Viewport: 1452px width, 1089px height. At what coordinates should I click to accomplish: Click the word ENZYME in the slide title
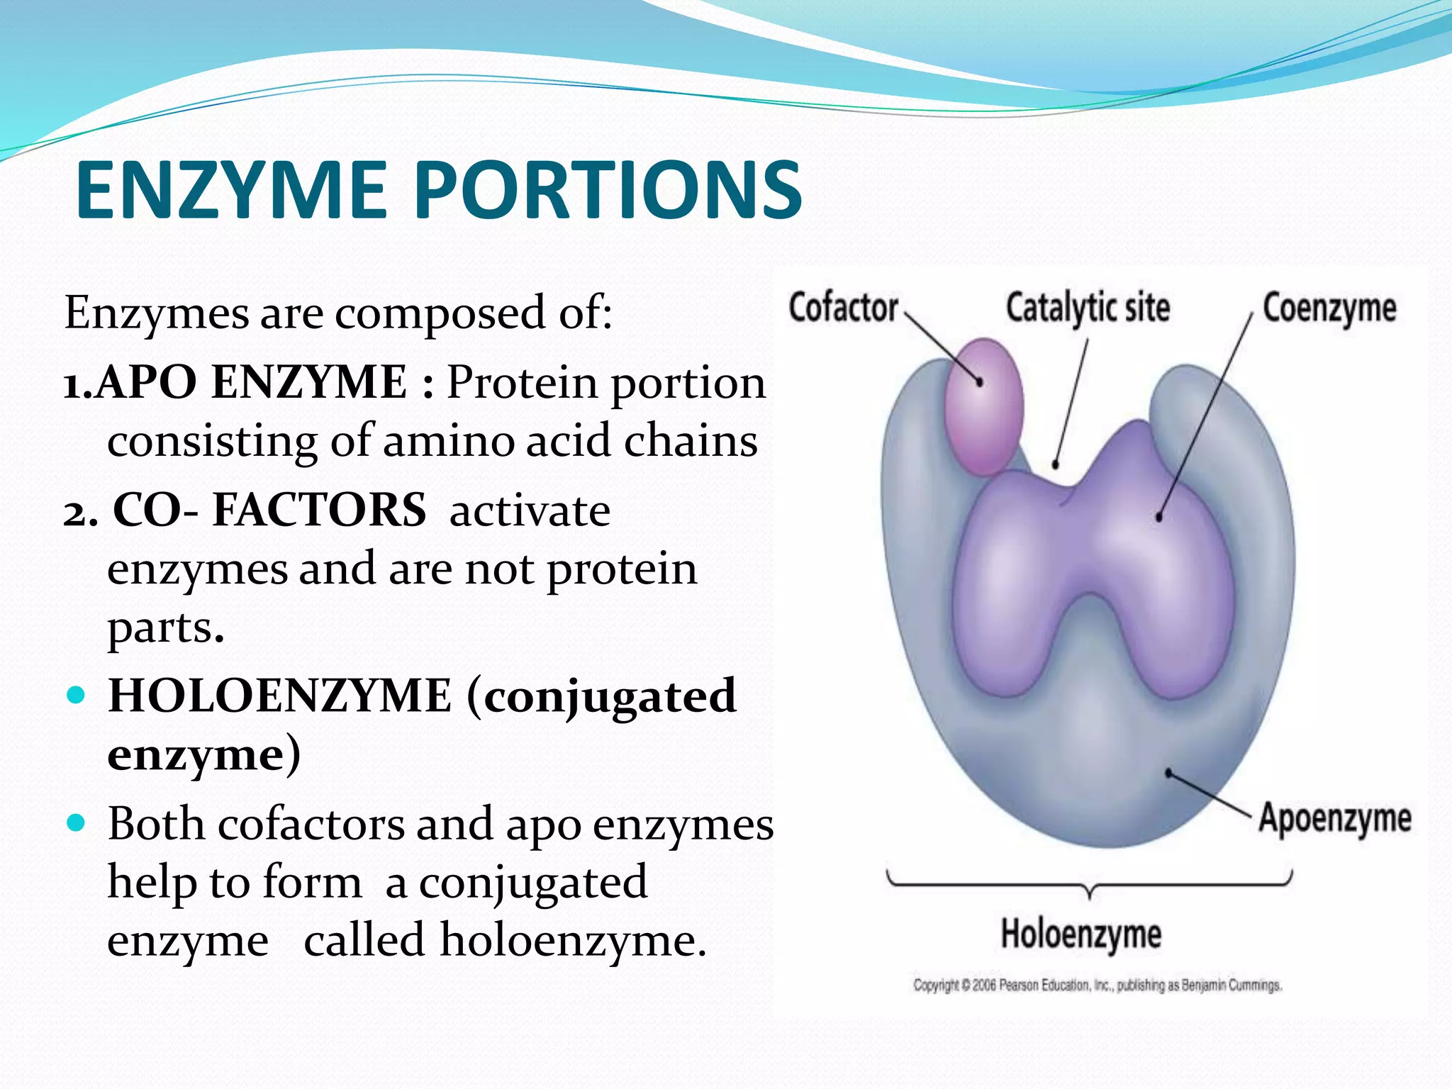231,190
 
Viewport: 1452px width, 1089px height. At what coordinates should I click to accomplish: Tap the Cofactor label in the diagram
843,308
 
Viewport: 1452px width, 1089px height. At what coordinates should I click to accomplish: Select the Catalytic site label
1088,308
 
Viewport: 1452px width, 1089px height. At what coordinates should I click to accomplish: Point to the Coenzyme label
1329,309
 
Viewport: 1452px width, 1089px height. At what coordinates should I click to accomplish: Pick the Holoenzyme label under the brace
1081,934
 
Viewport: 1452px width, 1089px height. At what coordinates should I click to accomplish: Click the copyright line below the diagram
1097,985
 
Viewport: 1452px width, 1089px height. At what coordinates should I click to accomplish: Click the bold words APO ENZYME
251,383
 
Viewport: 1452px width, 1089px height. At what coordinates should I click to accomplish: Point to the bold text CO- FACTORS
269,510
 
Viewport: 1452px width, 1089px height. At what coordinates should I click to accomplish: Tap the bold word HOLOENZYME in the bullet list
279,696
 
